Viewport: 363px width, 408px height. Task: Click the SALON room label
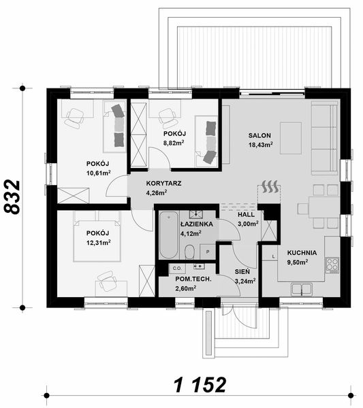[259, 135]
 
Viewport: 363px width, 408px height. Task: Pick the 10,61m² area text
[98, 173]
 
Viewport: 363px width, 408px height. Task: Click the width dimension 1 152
[200, 385]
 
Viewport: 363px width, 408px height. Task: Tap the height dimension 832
[12, 198]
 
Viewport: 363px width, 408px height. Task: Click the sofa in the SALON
[325, 138]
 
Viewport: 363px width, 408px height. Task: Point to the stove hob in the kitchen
[333, 262]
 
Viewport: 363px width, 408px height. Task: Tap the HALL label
[246, 214]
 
